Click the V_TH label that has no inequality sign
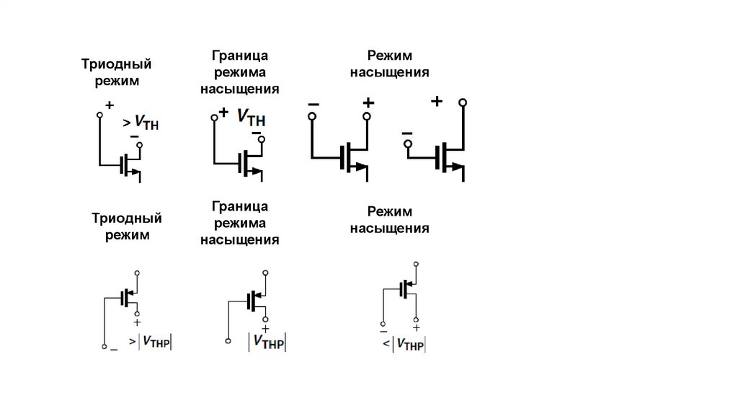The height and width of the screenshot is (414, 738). [x=251, y=117]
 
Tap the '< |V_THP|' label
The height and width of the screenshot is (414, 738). [x=404, y=345]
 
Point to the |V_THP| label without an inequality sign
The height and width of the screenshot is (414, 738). [x=267, y=342]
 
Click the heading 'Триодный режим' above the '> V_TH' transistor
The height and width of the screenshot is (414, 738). [x=120, y=73]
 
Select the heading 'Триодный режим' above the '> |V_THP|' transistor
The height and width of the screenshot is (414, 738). [x=127, y=226]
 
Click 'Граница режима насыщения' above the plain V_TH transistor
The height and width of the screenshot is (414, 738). [x=239, y=72]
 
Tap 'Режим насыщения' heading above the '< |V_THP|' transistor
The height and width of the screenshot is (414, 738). [x=389, y=220]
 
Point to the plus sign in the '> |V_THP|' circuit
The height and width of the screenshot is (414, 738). [x=137, y=322]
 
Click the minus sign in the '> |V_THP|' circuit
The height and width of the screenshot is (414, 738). [x=113, y=349]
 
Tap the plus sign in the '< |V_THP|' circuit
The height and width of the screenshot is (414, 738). [x=417, y=327]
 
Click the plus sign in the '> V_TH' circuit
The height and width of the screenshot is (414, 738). [x=110, y=105]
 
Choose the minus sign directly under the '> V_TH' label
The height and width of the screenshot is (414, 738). [x=134, y=136]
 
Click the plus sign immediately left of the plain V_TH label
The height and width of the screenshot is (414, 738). [x=223, y=113]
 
